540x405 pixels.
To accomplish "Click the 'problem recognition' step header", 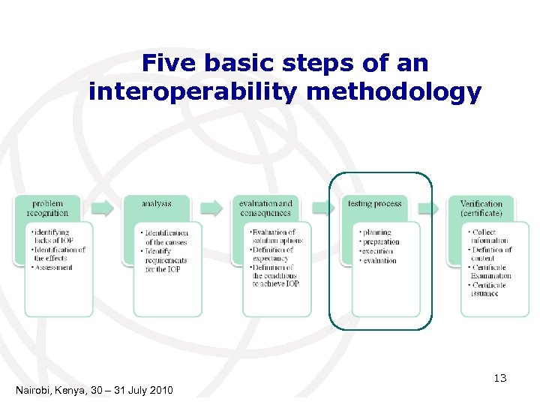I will pyautogui.click(x=48, y=208).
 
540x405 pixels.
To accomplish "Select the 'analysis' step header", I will pyautogui.click(x=157, y=203).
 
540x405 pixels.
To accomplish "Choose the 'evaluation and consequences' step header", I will pyautogui.click(x=265, y=208).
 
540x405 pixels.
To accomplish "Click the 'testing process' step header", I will pyautogui.click(x=374, y=203).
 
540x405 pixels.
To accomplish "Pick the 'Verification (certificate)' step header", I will pyautogui.click(x=481, y=208).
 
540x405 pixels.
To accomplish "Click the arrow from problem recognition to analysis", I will pyautogui.click(x=103, y=208).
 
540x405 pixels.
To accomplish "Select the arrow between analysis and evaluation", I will pyautogui.click(x=211, y=208).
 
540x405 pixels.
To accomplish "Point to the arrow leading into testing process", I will pyautogui.click(x=321, y=208).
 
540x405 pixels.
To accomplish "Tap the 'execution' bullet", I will pyautogui.click(x=376, y=251).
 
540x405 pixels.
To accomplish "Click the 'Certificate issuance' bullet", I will pyautogui.click(x=489, y=289).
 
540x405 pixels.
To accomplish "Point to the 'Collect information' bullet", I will pyautogui.click(x=489, y=236).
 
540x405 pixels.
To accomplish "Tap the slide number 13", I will pyautogui.click(x=501, y=379).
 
